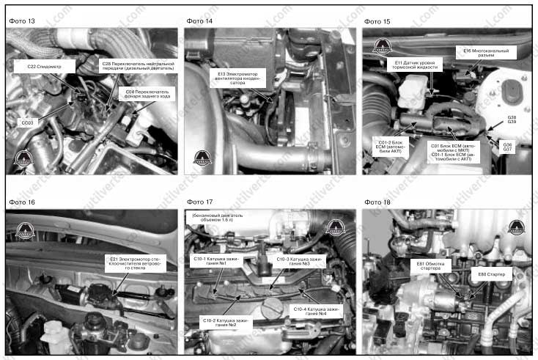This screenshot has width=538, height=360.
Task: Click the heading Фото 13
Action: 22,21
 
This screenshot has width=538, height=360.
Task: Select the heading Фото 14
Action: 199,21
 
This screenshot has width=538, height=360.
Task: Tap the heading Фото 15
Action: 377,21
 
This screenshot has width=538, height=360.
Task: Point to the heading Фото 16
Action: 22,202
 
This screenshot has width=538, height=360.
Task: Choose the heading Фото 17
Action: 199,202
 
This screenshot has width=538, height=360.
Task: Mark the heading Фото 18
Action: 377,202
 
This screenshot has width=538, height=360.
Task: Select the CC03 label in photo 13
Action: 27,122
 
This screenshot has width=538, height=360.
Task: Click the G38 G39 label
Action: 511,120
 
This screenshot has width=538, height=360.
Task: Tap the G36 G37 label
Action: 507,147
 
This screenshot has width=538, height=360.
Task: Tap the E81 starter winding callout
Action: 430,266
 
